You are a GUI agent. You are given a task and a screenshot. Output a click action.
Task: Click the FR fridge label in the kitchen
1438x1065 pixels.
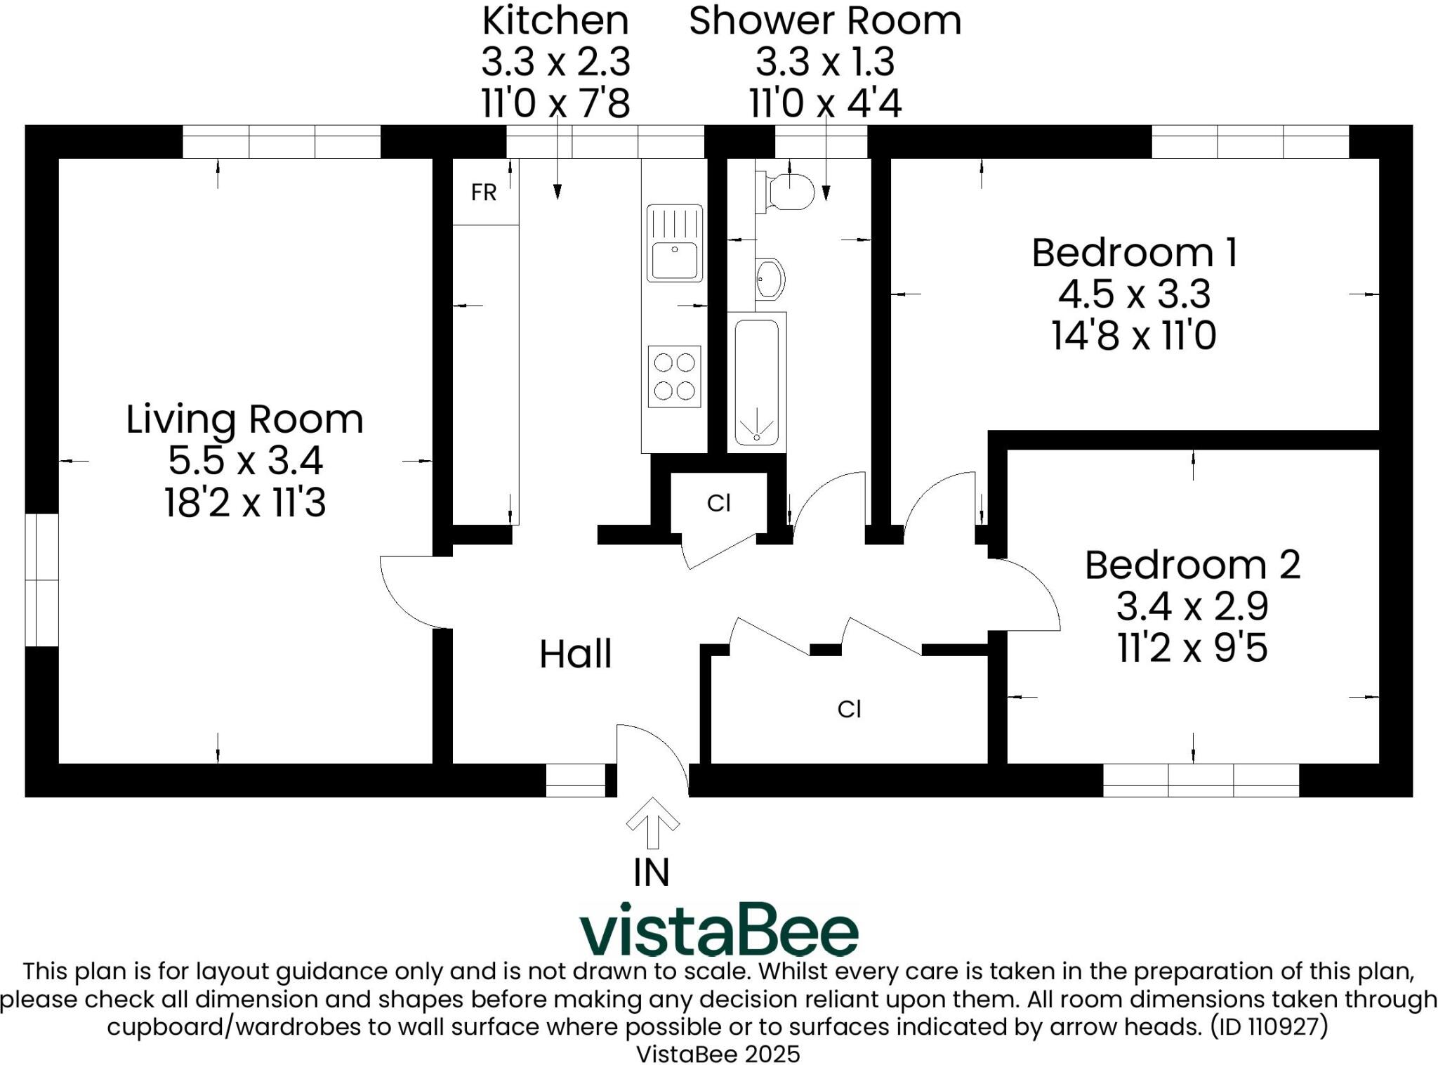click(x=484, y=192)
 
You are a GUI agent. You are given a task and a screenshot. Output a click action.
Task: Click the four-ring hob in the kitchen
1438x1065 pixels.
click(x=674, y=377)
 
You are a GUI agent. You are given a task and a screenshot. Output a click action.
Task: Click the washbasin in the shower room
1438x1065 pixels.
click(x=770, y=280)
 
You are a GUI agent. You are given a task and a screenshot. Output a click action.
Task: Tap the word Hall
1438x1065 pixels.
click(x=575, y=654)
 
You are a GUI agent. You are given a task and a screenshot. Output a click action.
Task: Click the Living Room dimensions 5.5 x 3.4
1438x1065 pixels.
click(x=245, y=462)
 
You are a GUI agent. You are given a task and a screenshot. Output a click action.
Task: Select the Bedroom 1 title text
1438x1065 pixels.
click(x=1134, y=253)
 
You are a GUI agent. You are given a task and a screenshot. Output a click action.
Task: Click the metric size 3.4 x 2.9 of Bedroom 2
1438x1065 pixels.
click(x=1192, y=606)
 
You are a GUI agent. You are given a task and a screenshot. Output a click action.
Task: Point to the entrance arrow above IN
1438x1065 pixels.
click(x=652, y=823)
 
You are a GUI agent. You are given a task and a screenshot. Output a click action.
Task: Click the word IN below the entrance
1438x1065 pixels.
click(x=652, y=873)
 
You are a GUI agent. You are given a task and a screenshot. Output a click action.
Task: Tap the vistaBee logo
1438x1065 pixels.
click(x=718, y=929)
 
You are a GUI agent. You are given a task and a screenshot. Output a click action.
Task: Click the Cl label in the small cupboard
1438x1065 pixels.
click(x=718, y=503)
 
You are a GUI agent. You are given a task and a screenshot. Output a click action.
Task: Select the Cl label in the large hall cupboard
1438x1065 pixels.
click(x=849, y=710)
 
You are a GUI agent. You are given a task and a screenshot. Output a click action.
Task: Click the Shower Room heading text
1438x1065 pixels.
click(x=824, y=21)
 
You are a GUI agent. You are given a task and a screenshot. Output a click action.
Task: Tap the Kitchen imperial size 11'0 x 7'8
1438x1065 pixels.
click(x=555, y=103)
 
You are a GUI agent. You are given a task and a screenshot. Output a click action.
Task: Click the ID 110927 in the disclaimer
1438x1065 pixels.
click(x=1269, y=1027)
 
